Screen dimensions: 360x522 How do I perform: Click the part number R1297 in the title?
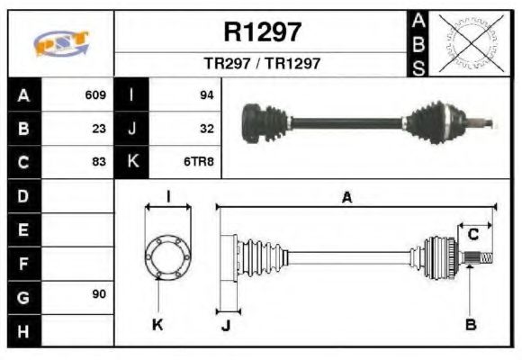262,32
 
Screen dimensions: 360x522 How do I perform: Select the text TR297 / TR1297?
262,65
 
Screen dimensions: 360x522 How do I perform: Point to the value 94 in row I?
206,94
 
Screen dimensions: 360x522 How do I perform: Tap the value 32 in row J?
206,128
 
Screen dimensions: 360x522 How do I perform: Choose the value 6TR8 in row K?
200,162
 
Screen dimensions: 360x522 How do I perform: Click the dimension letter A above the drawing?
346,197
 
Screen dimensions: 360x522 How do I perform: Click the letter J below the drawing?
226,325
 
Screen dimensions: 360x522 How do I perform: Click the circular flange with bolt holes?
167,256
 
